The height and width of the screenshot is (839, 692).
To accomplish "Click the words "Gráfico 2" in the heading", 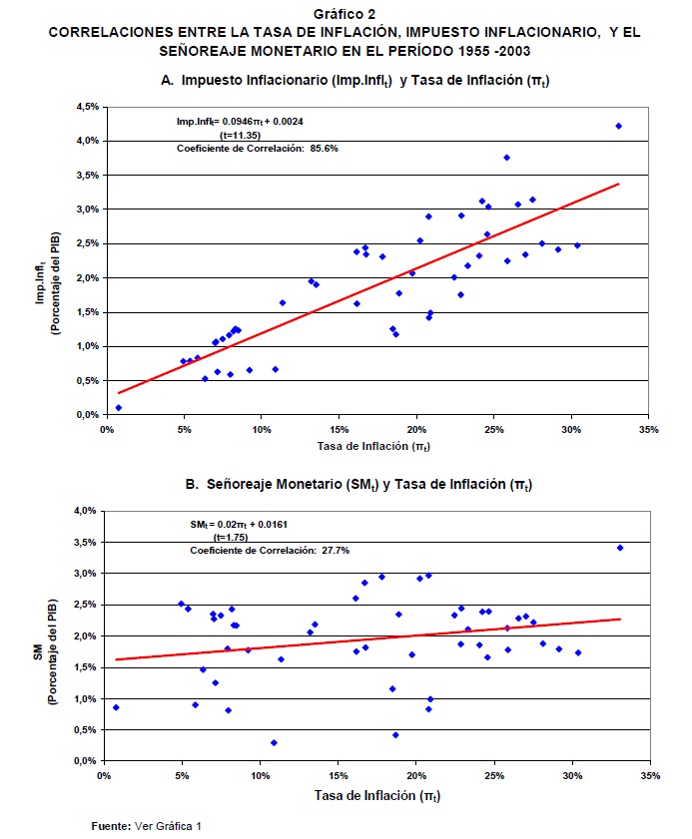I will coord(345,14).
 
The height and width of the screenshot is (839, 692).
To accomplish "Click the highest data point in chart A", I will coord(618,126).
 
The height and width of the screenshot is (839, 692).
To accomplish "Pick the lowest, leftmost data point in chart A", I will coord(118,407).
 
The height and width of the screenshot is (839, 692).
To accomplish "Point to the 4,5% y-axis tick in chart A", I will coord(85,106).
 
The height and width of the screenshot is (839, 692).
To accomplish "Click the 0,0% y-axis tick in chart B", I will coord(85,761).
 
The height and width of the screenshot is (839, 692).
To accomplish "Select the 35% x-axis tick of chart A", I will coord(649,430).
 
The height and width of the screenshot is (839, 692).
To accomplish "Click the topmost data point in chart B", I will coord(619,548).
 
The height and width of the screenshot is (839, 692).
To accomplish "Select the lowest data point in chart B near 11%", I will coord(274,742).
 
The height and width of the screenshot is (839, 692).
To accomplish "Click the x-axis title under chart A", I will coord(374,446).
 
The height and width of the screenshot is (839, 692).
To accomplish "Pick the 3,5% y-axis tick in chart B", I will coord(85,542).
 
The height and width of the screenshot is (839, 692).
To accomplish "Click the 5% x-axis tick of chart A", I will coord(184,430).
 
